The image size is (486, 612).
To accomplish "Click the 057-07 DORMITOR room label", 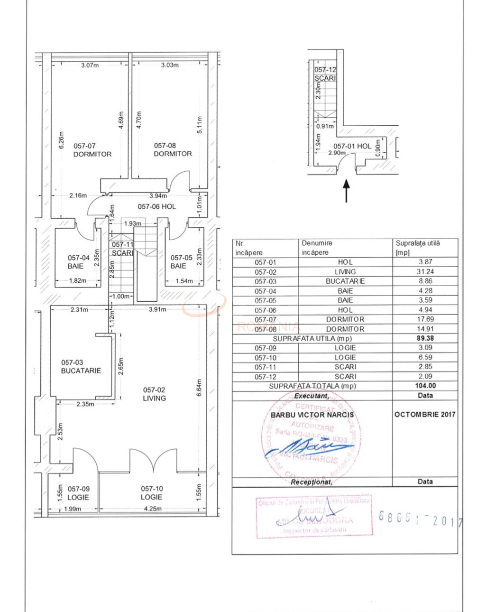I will point(92,150).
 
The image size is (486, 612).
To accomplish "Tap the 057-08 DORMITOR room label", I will point(173,149).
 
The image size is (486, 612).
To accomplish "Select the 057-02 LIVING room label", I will point(154,394).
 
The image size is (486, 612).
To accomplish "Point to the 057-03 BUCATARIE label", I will point(81,366).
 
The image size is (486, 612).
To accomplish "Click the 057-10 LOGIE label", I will point(151,492).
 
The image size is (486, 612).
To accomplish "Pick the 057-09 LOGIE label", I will point(78,493).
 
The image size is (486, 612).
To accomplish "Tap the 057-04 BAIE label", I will point(78,262).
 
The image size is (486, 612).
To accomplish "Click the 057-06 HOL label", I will point(156,206).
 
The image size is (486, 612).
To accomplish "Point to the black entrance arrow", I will point(346,190).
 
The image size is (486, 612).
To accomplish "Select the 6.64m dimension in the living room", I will point(199,388).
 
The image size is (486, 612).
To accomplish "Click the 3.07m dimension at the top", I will point(90,65).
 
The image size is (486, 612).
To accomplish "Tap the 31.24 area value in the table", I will point(425,271).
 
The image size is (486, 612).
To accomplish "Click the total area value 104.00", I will point(425,386).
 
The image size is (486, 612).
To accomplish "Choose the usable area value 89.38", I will point(425,338).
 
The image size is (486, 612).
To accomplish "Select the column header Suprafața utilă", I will point(418,247).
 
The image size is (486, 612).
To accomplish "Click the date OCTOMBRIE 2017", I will point(425,414).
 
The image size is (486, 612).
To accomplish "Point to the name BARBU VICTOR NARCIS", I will point(312,415).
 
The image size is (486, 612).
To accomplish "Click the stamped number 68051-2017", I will point(420,519).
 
